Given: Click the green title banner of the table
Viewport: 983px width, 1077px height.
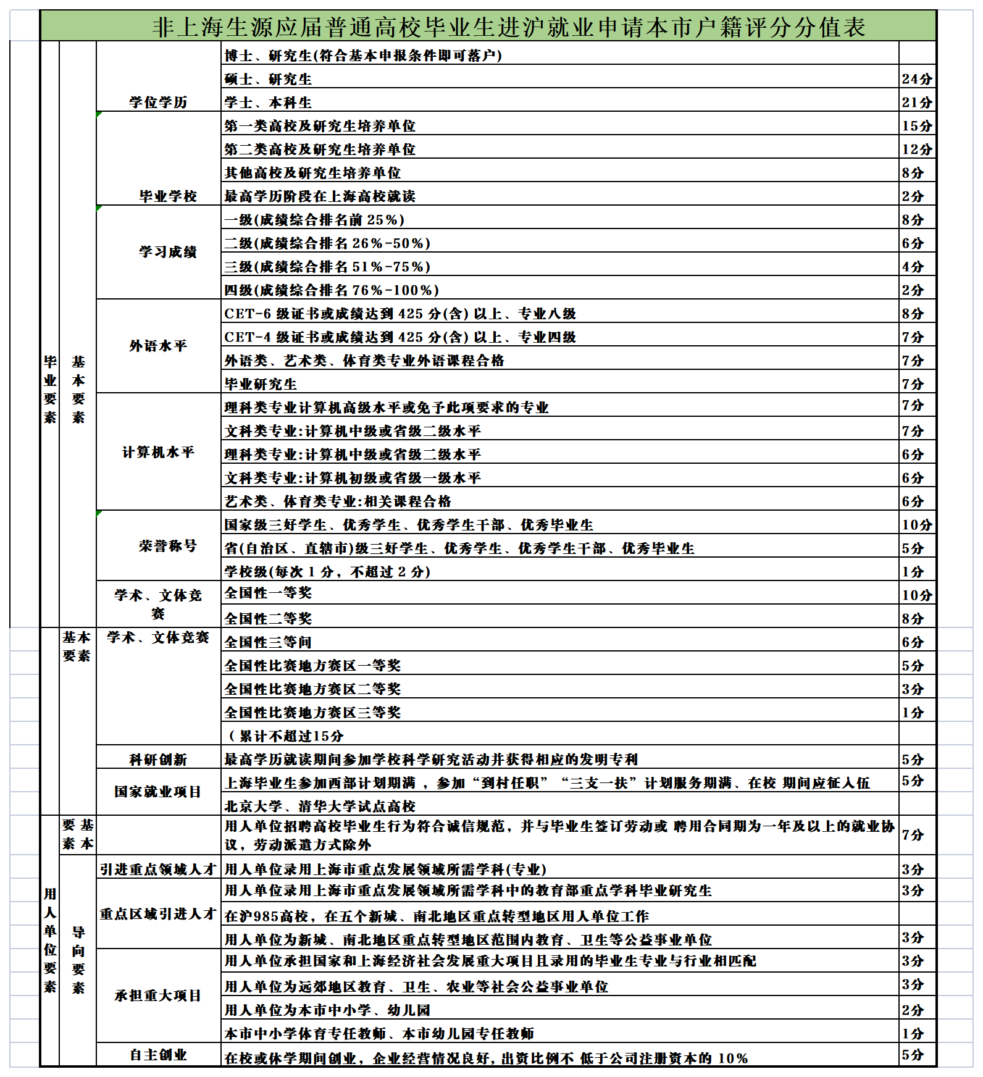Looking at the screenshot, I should (488, 27).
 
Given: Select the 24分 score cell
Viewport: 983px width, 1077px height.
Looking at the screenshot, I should (917, 79).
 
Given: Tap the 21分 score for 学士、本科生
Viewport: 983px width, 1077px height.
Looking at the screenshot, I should (917, 103).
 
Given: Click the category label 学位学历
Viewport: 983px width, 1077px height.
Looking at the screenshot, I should (158, 103).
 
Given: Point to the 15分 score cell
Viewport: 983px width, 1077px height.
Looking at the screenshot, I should (917, 126).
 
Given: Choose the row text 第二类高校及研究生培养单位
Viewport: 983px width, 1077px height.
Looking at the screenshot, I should (320, 149).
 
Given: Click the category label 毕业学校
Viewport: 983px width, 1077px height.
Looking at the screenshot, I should (168, 196).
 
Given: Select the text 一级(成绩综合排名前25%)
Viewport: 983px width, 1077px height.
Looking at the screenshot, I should (314, 220).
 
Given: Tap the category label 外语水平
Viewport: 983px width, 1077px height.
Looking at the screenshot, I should (158, 346).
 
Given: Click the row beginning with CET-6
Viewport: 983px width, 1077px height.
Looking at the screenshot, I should (400, 314).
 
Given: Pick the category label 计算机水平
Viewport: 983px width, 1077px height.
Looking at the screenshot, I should (158, 453).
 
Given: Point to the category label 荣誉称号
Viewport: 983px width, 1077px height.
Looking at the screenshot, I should (168, 546).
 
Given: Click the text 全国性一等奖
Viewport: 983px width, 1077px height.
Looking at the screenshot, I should (268, 593).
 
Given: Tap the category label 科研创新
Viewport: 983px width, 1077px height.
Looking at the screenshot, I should (158, 760).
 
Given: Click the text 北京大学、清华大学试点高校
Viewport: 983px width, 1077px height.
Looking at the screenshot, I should (320, 807).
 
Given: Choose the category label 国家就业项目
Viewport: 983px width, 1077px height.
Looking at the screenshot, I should (158, 792).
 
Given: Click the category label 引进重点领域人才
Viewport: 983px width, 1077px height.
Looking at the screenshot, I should (158, 870).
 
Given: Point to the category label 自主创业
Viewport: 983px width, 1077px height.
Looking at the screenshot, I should (158, 1055).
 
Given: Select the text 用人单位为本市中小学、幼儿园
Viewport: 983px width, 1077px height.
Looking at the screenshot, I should (327, 1010).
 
